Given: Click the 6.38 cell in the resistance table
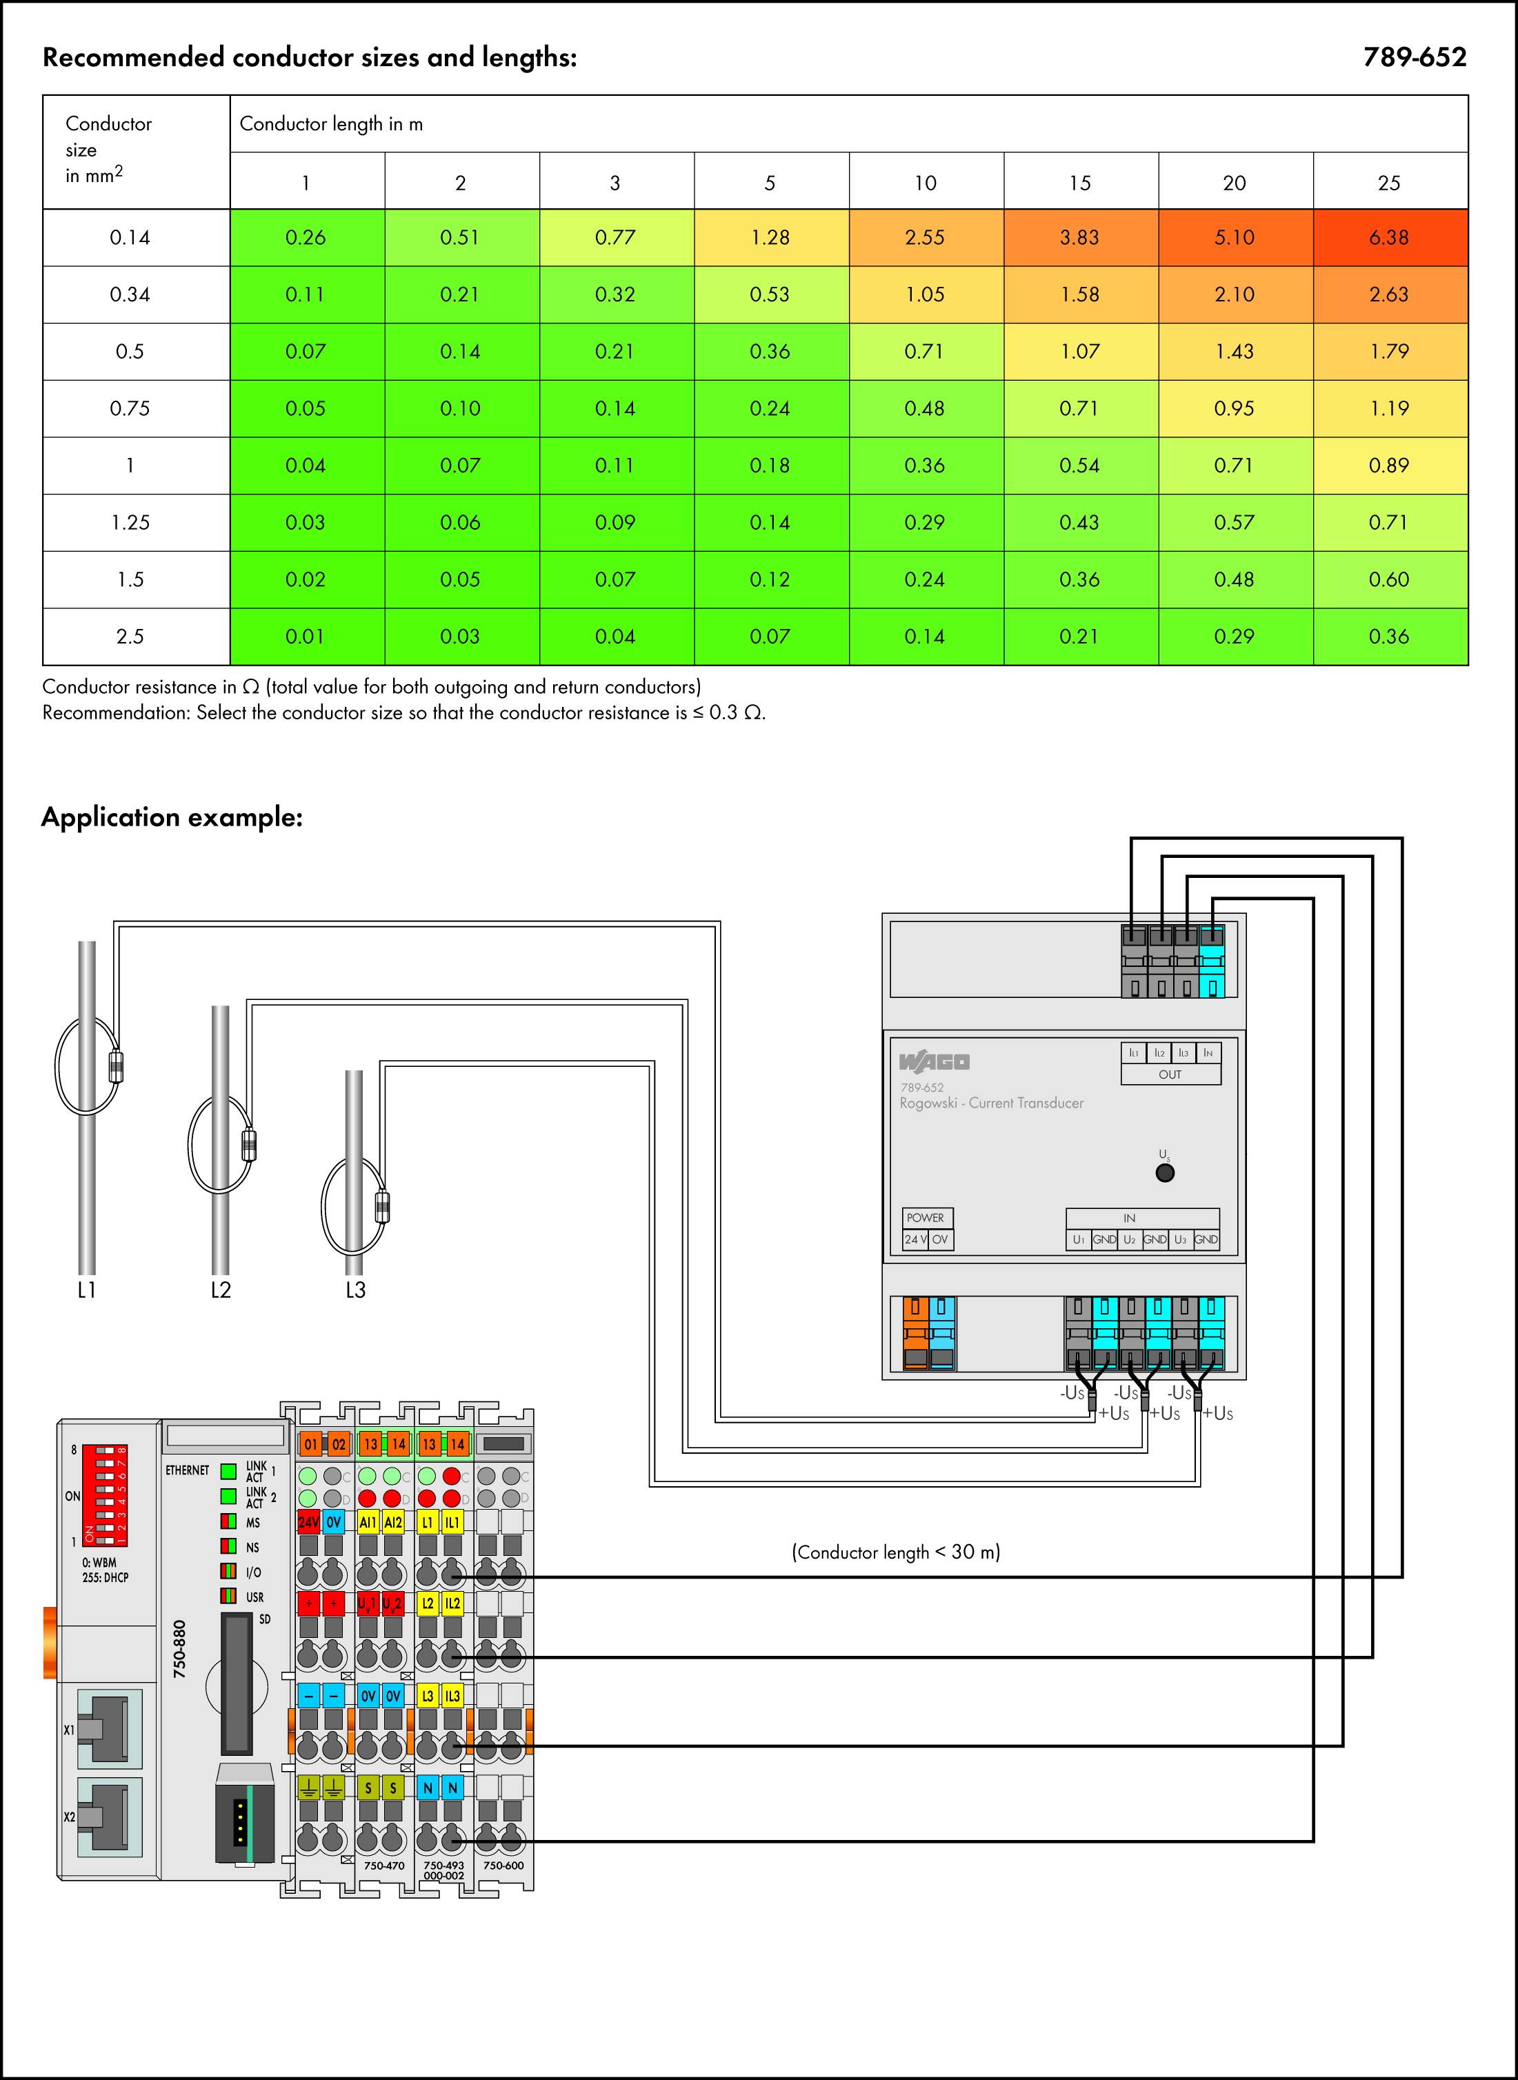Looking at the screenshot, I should click(1388, 238).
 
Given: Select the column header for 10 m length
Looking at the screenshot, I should click(924, 183).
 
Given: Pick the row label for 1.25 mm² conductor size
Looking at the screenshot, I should click(130, 523).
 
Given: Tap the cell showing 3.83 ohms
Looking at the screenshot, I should click(1079, 238).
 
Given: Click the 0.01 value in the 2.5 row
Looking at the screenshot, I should click(305, 637).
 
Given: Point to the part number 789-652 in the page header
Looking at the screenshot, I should click(1414, 57).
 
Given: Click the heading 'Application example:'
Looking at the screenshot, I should click(172, 817).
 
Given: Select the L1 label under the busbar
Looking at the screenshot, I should click(86, 1290).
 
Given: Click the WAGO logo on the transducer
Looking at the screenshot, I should click(934, 1062).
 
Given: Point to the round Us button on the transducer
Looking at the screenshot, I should click(1164, 1173).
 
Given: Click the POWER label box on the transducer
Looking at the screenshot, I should click(926, 1217).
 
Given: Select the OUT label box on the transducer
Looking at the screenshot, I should click(1170, 1074).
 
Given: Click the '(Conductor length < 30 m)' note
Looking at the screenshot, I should click(895, 1552).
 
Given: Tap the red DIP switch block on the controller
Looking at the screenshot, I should click(104, 1496).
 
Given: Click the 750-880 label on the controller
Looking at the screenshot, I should click(180, 1648).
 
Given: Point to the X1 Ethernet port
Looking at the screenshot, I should click(108, 1729).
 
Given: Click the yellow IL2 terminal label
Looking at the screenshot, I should click(452, 1603).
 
